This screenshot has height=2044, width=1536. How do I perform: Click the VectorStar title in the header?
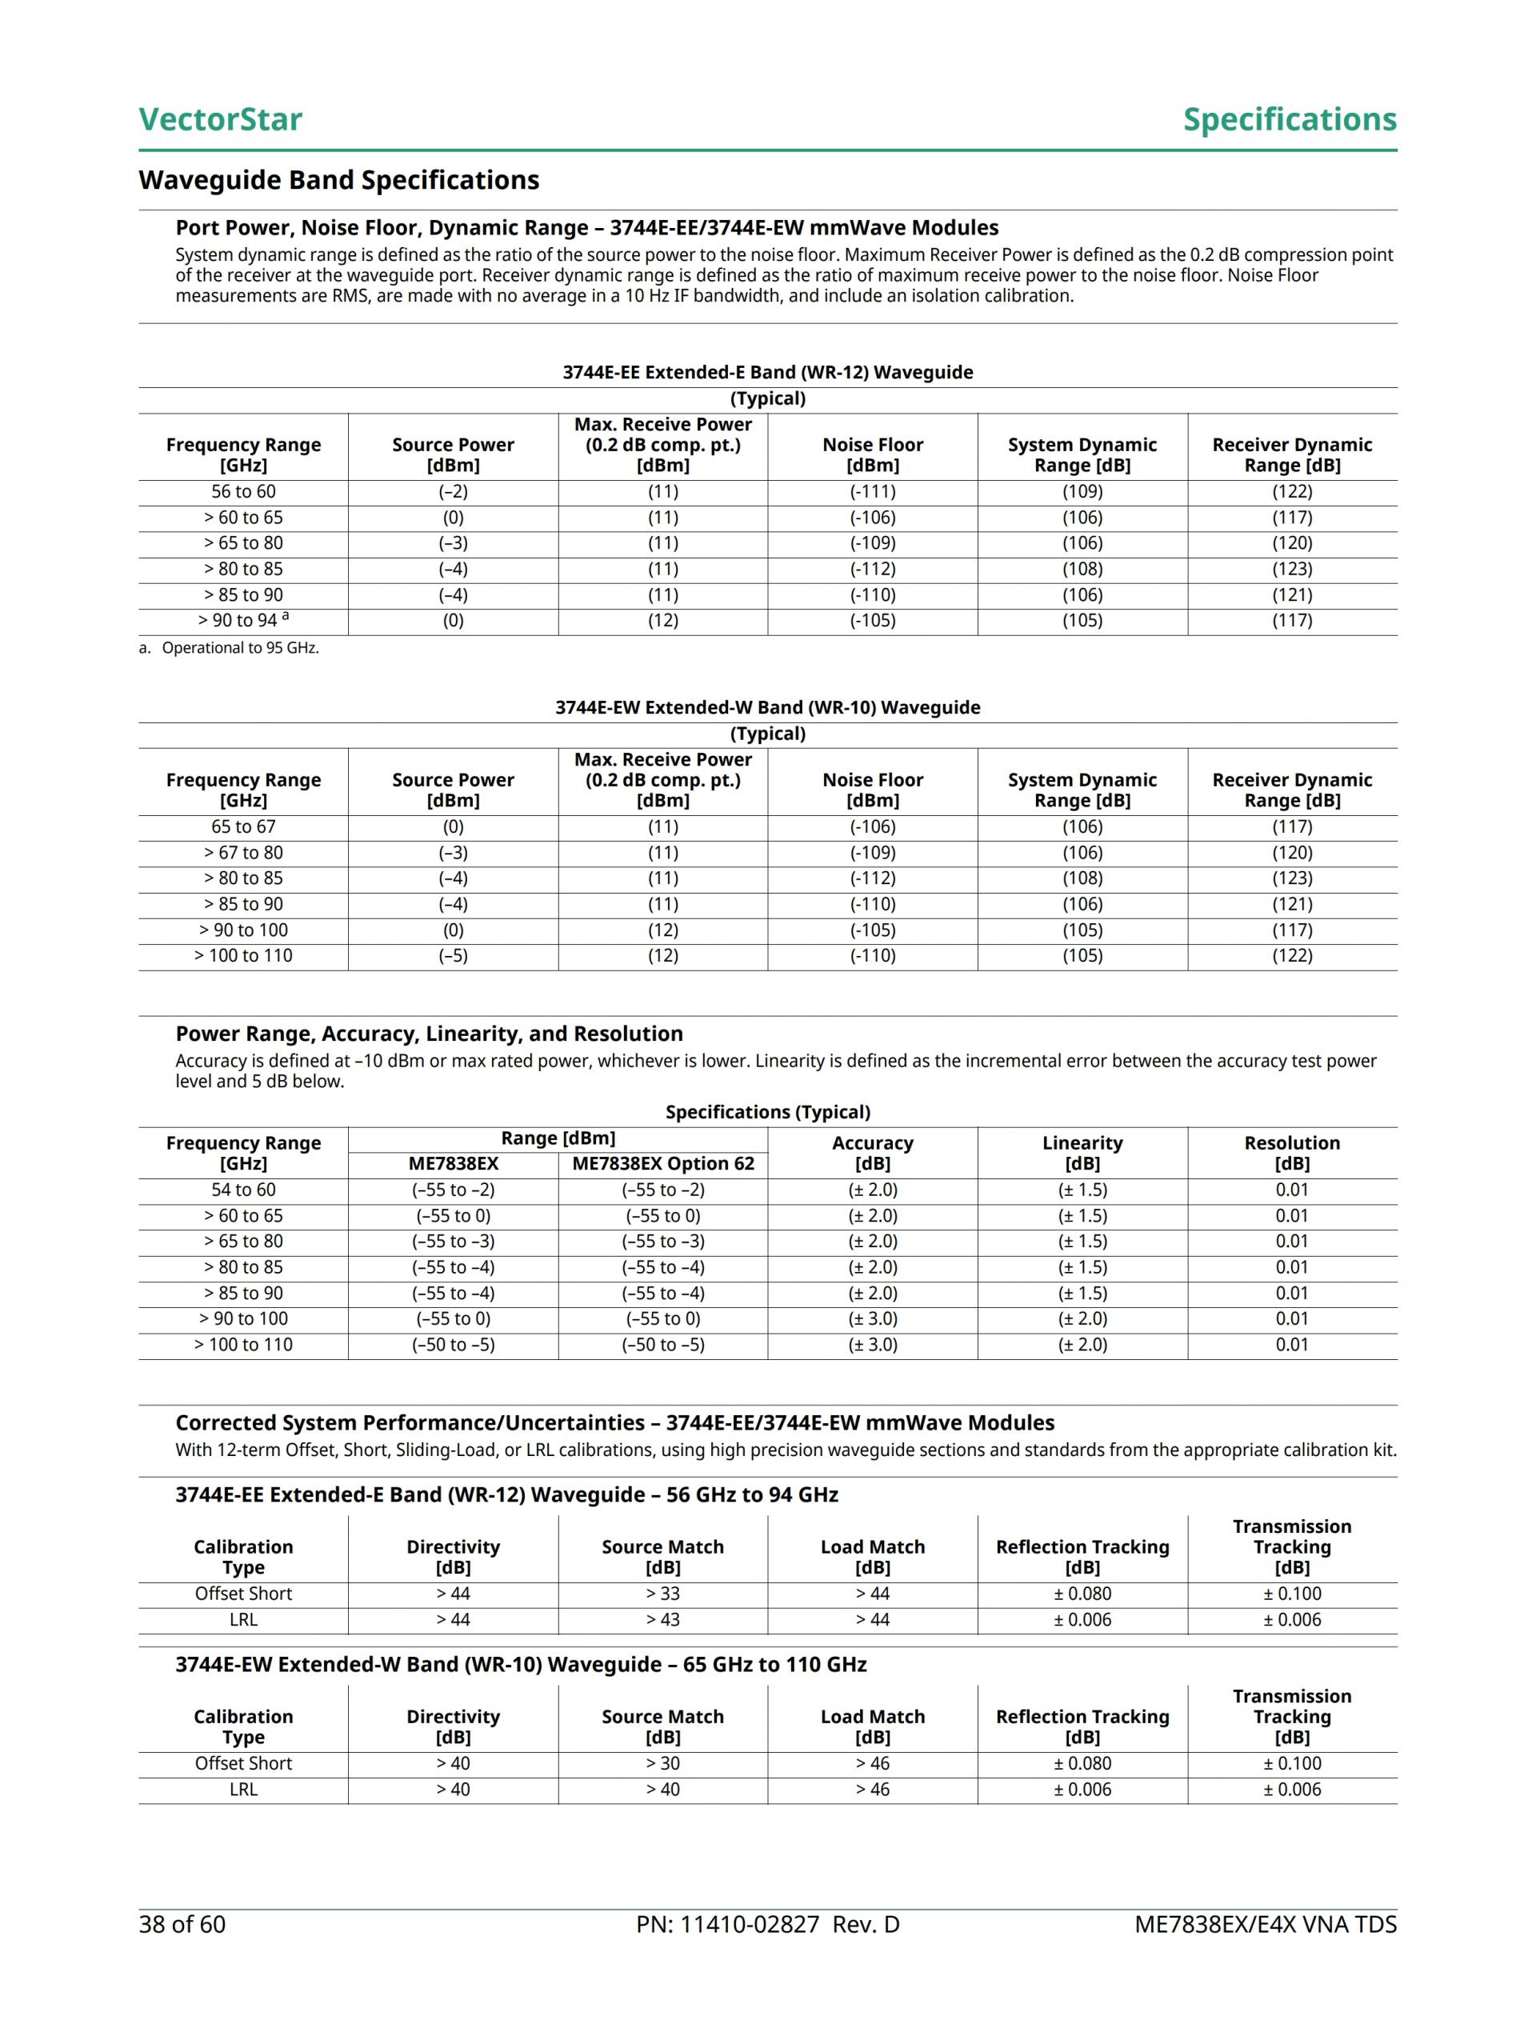[220, 119]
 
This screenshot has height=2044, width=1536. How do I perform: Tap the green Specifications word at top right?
[1290, 119]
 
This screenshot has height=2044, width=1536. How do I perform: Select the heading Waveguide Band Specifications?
[338, 180]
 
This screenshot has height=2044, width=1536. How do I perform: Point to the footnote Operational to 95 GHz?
[239, 648]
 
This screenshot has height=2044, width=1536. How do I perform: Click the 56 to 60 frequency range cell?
[243, 491]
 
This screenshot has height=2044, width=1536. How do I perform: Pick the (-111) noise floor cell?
[873, 491]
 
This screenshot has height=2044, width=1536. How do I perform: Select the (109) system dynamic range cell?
[1082, 491]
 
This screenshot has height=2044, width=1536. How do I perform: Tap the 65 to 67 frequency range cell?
[243, 827]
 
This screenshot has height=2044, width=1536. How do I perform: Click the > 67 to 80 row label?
[243, 853]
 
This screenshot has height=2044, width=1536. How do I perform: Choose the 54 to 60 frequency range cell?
[243, 1190]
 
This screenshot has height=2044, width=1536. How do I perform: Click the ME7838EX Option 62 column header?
[662, 1164]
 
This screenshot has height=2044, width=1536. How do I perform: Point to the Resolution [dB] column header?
[1291, 1154]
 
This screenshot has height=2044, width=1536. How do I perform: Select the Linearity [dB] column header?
[1082, 1154]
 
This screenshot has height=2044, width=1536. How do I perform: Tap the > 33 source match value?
[662, 1594]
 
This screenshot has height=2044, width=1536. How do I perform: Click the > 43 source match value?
[662, 1620]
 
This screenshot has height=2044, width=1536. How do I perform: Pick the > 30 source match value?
[662, 1764]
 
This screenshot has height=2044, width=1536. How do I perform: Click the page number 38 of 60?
[182, 1925]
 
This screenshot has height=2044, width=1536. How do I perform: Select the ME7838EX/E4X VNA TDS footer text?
[1266, 1925]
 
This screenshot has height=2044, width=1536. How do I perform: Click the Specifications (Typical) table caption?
[767, 1113]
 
